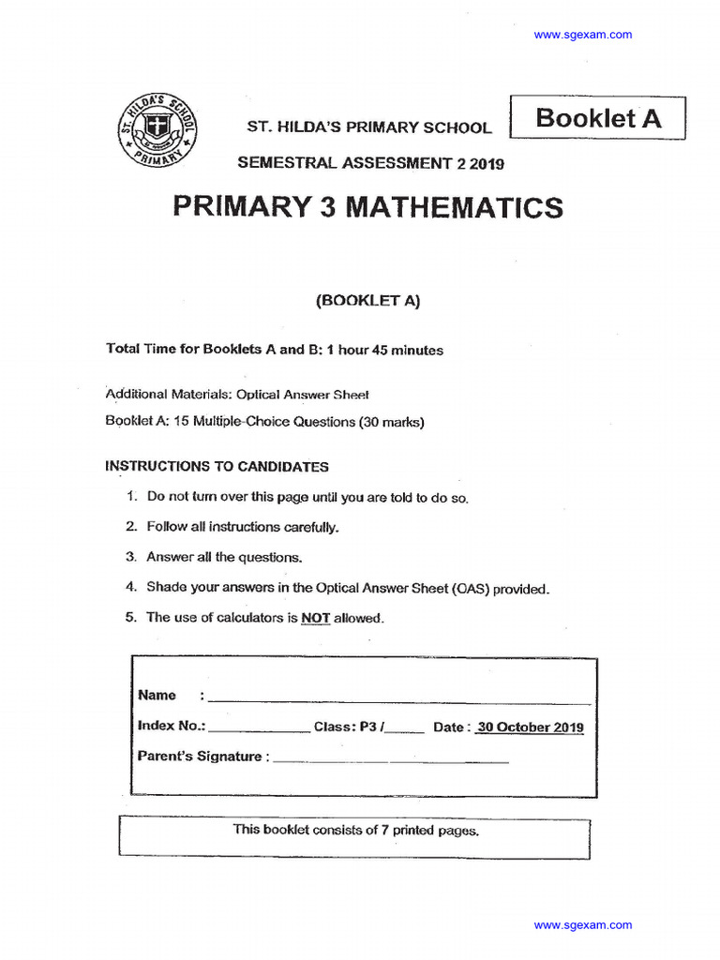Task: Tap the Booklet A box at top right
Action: point(597,118)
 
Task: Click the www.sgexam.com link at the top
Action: point(582,35)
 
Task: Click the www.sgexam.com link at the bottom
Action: point(582,925)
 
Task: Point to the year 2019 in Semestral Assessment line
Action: point(487,163)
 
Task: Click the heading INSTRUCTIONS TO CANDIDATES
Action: point(217,466)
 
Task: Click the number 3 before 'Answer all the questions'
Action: point(131,557)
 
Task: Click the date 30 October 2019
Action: point(530,727)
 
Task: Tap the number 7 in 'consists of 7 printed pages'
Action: point(384,830)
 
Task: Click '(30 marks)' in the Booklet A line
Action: point(391,422)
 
